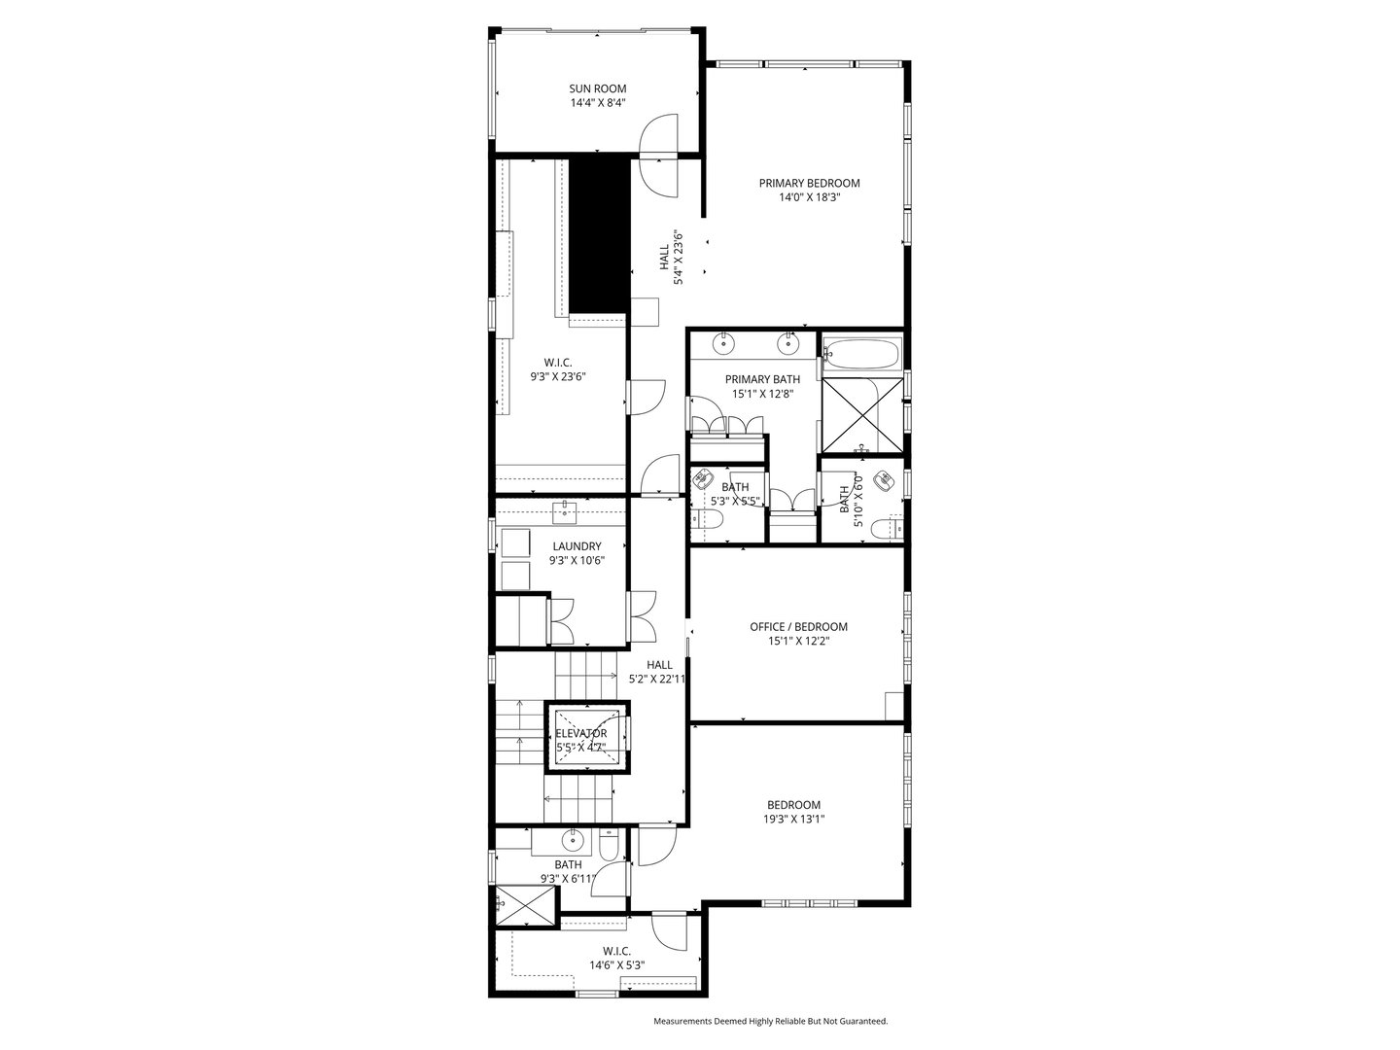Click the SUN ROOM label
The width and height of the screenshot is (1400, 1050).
tap(597, 88)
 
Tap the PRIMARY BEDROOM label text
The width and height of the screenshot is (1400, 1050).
tap(809, 183)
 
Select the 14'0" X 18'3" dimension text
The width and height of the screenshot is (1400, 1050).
tap(809, 197)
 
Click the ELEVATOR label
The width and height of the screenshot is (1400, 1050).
tap(581, 733)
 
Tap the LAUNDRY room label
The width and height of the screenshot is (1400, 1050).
tap(577, 546)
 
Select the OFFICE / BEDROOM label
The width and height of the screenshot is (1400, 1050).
tap(798, 627)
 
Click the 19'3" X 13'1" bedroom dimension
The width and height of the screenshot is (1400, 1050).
tap(793, 819)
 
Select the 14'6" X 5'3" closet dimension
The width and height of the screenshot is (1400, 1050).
tap(616, 965)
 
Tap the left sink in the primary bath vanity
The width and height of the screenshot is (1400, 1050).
tap(724, 343)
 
